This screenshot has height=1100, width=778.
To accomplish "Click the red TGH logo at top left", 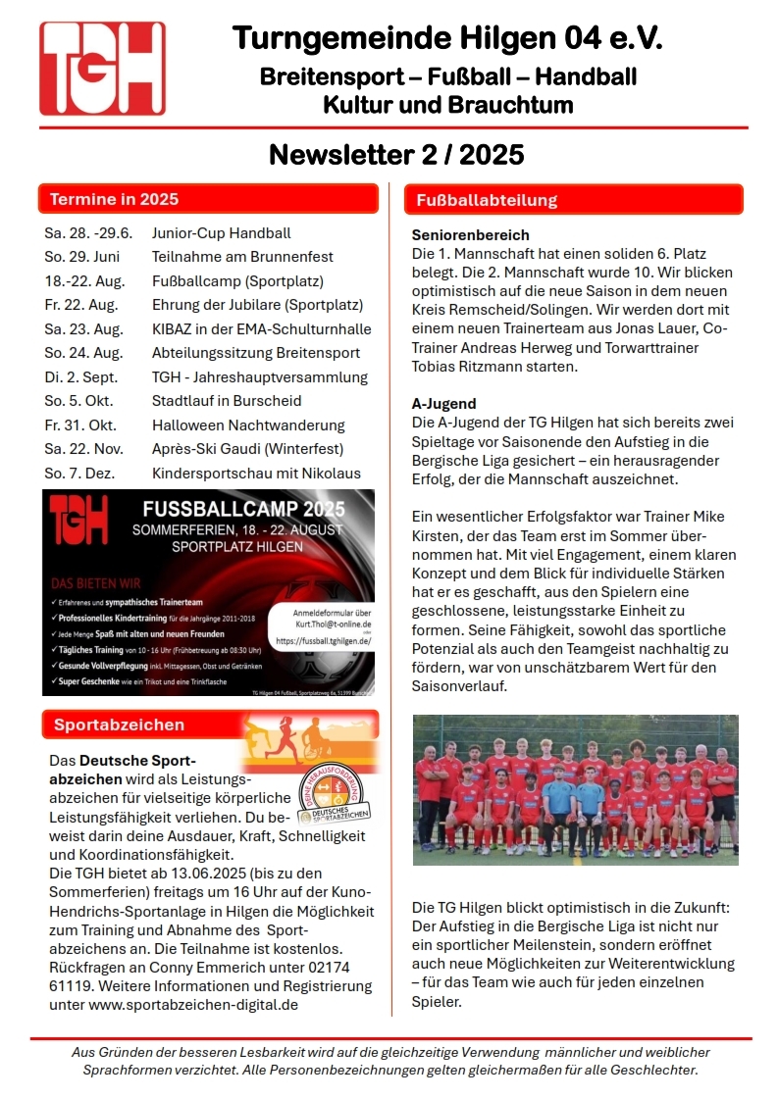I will [102, 69].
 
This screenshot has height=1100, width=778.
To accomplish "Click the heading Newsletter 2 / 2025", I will [396, 155].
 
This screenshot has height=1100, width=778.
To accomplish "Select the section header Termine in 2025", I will [114, 199].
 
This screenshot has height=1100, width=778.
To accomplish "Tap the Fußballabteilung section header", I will [487, 200].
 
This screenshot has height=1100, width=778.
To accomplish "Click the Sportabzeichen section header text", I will [119, 725].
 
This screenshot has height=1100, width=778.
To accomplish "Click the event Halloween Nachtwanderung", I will [248, 425].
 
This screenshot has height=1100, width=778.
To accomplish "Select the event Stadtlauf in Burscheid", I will [227, 401].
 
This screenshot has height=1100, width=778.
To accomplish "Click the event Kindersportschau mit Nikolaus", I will [256, 474].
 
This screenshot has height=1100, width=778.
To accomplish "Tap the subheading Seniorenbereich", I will [470, 235].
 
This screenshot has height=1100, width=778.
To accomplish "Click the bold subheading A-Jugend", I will [444, 403].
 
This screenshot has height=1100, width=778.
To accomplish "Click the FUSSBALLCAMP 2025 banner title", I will [243, 510].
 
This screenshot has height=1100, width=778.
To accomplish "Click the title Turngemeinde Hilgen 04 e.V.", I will [447, 39].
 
